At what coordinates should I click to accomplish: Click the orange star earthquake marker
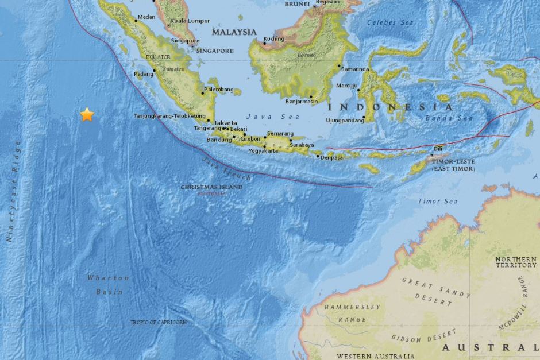pos(87,115)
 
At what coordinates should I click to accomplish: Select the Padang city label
pos(143,74)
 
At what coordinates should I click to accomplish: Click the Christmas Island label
pos(211,187)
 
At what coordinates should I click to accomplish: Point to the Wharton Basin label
pos(108,285)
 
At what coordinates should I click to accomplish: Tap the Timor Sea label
pos(437,201)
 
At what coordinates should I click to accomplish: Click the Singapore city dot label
pos(185,41)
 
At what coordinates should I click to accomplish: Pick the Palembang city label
pos(221,90)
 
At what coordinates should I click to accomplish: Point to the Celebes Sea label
pos(391,22)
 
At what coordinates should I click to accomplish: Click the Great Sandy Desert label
pos(435,289)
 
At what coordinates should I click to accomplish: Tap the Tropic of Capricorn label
pos(158,323)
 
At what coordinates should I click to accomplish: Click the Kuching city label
pos(274,39)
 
